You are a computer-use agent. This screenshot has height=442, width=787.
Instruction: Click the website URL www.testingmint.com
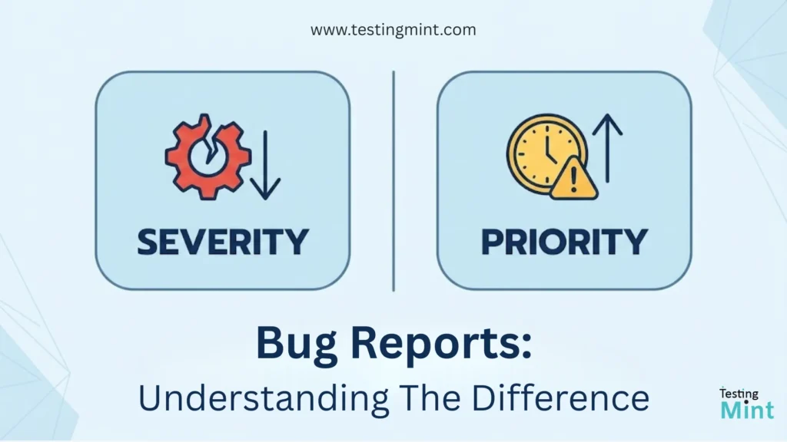[x=393, y=30]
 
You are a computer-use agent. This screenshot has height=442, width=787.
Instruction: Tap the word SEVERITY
[x=223, y=242]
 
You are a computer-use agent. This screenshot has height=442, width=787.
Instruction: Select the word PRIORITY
[x=565, y=242]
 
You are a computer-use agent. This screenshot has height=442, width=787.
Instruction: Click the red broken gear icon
[x=208, y=157]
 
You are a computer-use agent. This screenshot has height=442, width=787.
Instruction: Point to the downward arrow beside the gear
[x=265, y=165]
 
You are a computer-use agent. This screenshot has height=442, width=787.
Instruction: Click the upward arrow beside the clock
[x=607, y=148]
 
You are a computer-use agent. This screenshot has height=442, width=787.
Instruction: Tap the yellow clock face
[x=546, y=153]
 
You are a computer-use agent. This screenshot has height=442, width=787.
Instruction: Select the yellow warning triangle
[x=573, y=179]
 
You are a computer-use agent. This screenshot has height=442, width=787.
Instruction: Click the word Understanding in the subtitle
[x=263, y=398]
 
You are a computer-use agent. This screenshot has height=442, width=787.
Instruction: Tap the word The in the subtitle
[x=430, y=398]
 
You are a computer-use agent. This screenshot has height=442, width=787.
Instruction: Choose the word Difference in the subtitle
[x=560, y=398]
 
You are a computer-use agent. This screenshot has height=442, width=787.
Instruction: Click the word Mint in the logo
[x=747, y=410]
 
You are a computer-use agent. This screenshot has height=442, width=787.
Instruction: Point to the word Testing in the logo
[x=739, y=394]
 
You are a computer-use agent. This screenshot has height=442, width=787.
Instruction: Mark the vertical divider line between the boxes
[x=393, y=181]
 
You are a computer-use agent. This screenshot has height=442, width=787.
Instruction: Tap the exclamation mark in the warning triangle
[x=573, y=182]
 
